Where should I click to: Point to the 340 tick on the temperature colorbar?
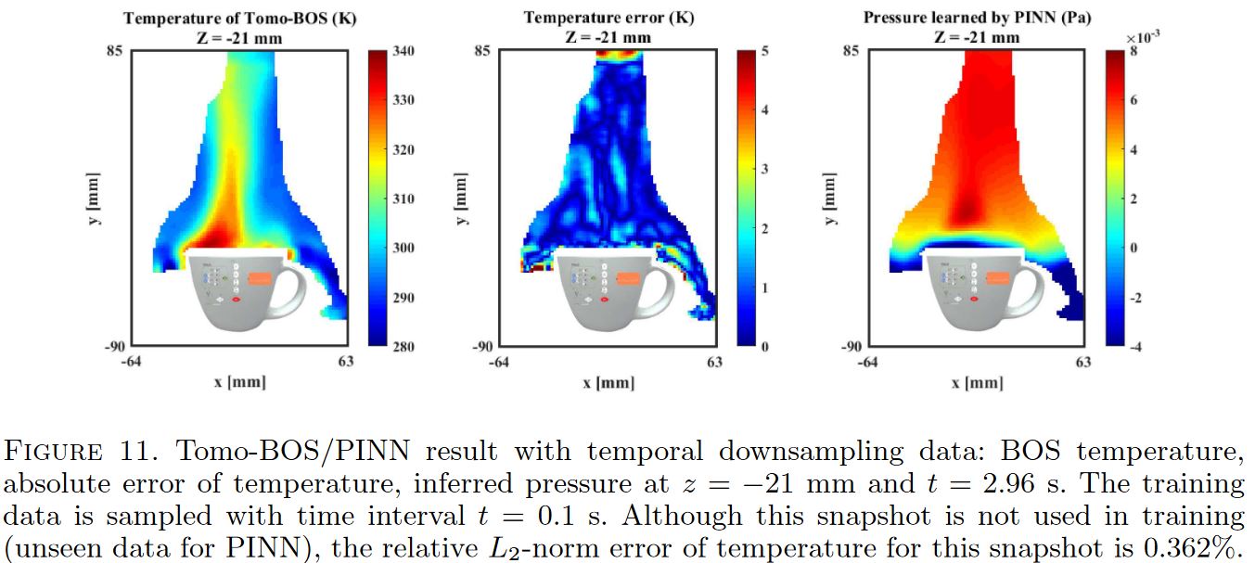click(404, 51)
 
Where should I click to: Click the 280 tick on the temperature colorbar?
click(404, 346)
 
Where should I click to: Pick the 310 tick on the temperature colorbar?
click(404, 198)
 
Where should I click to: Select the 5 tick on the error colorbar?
click(763, 51)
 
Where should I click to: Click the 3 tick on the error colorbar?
click(763, 169)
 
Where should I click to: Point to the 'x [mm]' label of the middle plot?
click(608, 383)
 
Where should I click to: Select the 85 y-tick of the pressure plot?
click(851, 51)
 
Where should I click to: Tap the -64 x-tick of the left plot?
click(130, 363)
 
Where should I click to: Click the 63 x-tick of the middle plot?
click(714, 363)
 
